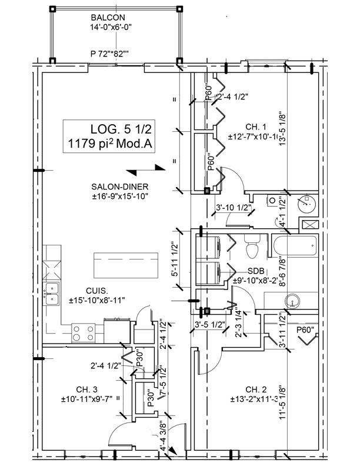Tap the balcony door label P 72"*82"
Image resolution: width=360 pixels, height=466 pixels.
[x=109, y=54]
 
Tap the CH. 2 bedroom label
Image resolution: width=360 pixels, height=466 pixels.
[x=256, y=390]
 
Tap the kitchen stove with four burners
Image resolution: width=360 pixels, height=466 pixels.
[x=84, y=333]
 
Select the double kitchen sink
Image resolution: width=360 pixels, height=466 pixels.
[x=53, y=292]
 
